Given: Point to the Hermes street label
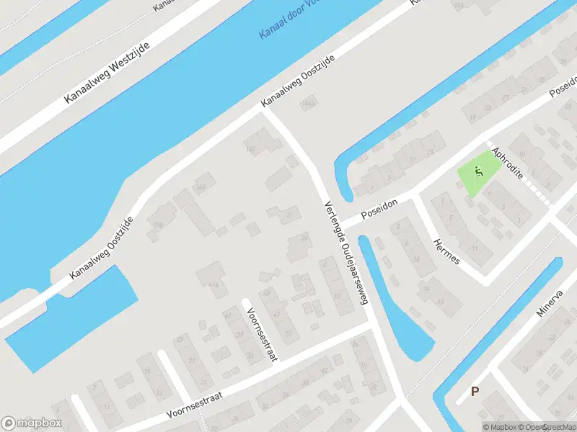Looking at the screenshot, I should point(445,251).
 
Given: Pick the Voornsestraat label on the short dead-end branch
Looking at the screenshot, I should point(261,334).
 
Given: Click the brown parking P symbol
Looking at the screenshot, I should point(475,392).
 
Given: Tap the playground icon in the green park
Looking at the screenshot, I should point(478,172).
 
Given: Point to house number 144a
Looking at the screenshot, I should point(309,104).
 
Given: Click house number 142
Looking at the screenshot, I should point(251,149).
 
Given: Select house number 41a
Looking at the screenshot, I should point(213,286).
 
